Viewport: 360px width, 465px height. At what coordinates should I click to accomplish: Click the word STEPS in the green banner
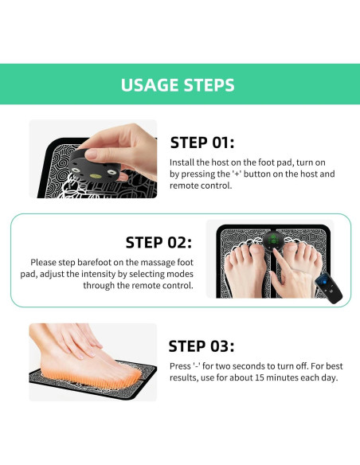(x=209, y=85)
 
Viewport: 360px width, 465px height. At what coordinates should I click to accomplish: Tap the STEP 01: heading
(x=202, y=143)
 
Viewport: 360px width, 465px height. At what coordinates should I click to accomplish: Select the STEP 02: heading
(x=158, y=243)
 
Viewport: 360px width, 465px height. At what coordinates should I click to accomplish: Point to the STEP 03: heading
(x=202, y=346)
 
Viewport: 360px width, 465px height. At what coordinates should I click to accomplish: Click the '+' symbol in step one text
(x=237, y=174)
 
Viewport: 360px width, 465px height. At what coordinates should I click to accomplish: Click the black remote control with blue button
(x=328, y=289)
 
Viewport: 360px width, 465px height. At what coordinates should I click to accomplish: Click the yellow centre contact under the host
(x=96, y=176)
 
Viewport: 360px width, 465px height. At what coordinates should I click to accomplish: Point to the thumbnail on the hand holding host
(x=91, y=154)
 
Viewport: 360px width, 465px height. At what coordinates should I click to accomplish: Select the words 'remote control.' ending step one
(x=201, y=186)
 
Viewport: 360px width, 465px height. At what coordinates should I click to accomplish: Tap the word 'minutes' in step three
(x=282, y=377)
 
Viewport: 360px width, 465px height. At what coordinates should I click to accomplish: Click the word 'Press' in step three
(x=180, y=366)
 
